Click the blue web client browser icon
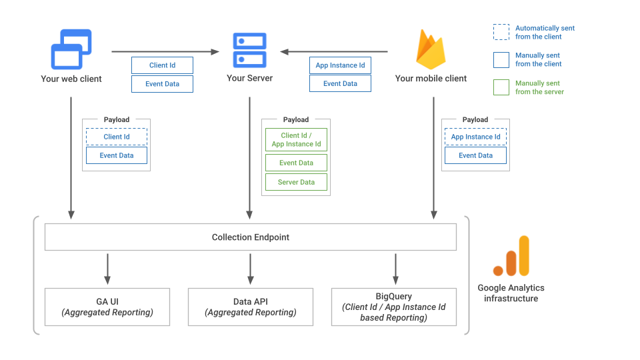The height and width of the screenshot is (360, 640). (x=71, y=49)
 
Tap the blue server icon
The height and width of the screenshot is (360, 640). (x=249, y=50)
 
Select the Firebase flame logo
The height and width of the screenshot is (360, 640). (x=431, y=49)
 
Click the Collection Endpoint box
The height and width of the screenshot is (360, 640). (x=250, y=237)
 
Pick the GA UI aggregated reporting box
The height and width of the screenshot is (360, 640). (x=107, y=307)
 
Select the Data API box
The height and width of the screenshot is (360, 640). (x=250, y=307)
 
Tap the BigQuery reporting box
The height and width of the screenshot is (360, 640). (x=393, y=307)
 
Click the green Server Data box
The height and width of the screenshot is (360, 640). (x=297, y=182)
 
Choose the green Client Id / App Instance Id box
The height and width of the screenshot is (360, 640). (x=297, y=140)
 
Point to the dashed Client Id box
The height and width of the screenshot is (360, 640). (x=116, y=137)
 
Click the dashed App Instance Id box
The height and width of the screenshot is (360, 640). (x=475, y=137)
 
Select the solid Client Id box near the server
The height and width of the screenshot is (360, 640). (x=162, y=65)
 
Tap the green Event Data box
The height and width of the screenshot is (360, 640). (x=297, y=163)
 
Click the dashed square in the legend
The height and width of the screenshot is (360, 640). (x=501, y=33)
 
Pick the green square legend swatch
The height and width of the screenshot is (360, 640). (x=501, y=87)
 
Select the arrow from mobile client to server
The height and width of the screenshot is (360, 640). (x=333, y=51)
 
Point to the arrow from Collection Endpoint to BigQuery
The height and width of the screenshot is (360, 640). (x=395, y=269)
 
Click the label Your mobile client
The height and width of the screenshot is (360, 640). (x=431, y=79)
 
